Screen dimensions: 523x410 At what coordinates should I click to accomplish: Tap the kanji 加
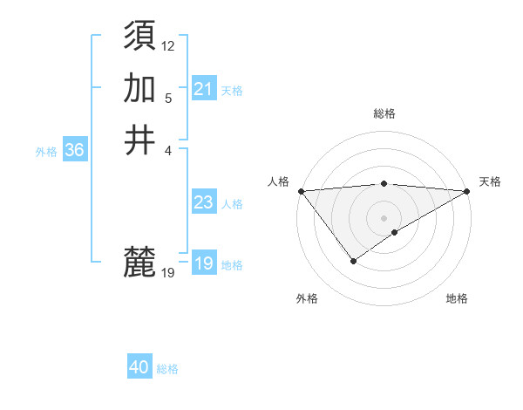140,88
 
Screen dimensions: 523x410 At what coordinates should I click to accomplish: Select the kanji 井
140,140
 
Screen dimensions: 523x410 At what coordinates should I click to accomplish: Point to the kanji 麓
140,261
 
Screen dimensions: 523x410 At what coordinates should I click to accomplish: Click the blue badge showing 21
203,89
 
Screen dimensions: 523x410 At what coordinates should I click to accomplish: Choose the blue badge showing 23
203,203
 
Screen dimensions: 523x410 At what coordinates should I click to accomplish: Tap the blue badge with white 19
203,263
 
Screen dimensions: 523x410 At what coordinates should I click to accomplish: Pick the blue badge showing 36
74,150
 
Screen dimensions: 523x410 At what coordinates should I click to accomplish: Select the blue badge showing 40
139,367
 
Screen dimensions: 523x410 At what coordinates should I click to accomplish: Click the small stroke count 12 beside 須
168,45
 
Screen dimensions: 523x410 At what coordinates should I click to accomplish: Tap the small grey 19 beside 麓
168,273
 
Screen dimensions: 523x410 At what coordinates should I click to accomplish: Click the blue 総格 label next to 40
167,369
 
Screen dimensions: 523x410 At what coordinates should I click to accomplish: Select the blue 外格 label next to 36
46,152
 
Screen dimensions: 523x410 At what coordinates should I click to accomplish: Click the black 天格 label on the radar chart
490,181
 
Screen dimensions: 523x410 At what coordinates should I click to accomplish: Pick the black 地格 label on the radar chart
457,298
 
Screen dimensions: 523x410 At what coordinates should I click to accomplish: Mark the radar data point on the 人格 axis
301,190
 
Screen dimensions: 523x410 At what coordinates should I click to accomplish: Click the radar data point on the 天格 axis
467,190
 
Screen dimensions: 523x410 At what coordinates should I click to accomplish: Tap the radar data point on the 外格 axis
353,261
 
